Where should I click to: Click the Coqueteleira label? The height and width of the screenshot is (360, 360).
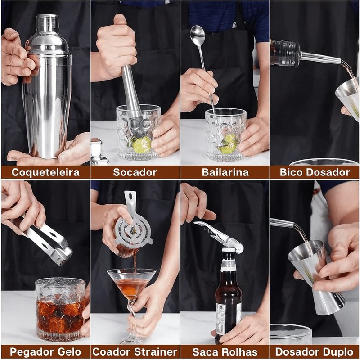[x=45, y=172]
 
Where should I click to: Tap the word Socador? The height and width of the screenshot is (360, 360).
[x=135, y=172]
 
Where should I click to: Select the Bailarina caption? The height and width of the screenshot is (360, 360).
[x=225, y=172]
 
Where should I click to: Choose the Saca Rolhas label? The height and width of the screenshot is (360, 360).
[x=225, y=352]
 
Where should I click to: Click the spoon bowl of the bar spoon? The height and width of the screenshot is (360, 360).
[x=197, y=35]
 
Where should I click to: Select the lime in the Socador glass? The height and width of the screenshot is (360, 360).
[x=141, y=144]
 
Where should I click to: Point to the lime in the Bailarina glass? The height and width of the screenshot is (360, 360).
[x=229, y=143]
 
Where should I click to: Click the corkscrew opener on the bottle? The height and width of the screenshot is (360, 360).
[x=218, y=234]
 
